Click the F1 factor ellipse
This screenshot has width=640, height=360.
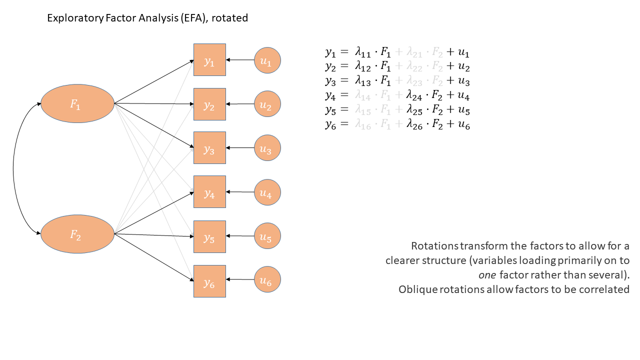(77, 103)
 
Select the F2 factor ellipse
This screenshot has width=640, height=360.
(77, 234)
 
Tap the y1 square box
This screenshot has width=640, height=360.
(209, 60)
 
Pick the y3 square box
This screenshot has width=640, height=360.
(209, 148)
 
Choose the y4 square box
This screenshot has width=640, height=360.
(209, 192)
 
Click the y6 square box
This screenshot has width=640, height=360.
(209, 281)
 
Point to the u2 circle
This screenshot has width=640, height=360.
(267, 104)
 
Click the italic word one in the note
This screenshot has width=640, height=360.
(487, 275)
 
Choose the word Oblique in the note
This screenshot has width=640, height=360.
(416, 289)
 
